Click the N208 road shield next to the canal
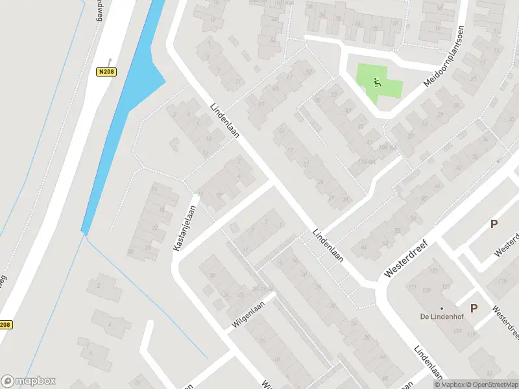coord(108,72)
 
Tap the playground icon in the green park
coord(378,82)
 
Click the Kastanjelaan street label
coord(184,228)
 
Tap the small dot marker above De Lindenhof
coord(442,309)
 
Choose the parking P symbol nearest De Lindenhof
coord(474,309)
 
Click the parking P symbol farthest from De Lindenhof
coord(494,224)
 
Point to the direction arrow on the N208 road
coord(110,60)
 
